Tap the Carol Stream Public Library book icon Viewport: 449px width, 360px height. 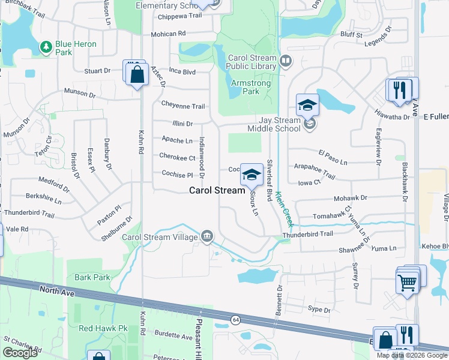coord(286,60)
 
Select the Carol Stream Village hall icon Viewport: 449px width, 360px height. coord(207,236)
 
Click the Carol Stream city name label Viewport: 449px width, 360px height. coord(217,190)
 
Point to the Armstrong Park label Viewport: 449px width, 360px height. coord(246,87)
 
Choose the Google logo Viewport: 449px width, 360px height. coord(20,353)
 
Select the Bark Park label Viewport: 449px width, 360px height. coord(92,277)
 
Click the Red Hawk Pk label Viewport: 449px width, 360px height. coord(104,328)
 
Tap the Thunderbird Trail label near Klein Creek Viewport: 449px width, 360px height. coord(307,234)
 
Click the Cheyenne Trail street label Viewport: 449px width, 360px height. coord(182,106)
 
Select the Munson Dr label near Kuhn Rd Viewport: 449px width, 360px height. coord(80,94)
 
